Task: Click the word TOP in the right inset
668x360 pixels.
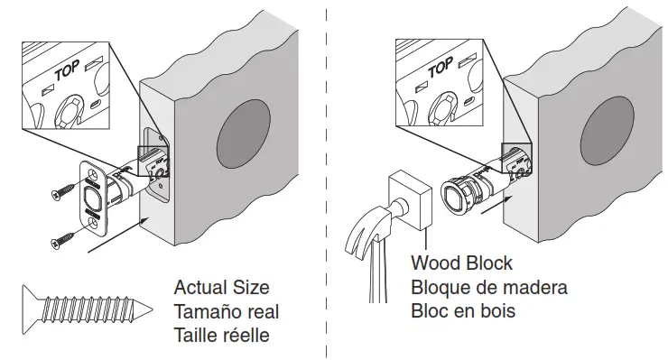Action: [x=440, y=69]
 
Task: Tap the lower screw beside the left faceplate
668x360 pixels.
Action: [x=63, y=241]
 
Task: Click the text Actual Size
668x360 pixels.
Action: [x=221, y=288]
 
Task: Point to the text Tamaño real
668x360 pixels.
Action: [x=227, y=311]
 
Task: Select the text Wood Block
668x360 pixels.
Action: [x=461, y=263]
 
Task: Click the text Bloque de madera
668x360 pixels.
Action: [x=488, y=288]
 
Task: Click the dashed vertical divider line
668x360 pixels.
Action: [x=329, y=180]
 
